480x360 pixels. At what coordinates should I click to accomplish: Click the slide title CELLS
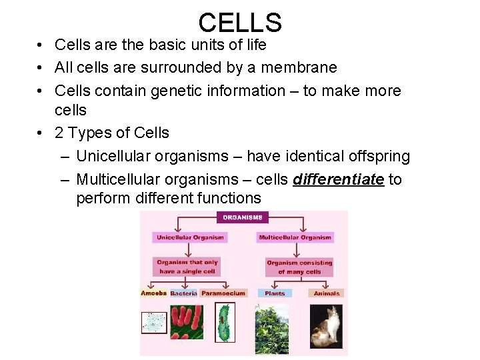240,23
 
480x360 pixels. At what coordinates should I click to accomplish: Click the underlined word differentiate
338,179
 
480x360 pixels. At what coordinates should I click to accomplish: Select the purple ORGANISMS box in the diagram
242,217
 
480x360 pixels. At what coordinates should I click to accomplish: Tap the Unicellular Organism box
191,237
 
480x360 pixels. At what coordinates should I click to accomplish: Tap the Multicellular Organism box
295,237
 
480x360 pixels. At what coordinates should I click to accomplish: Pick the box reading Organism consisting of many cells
299,267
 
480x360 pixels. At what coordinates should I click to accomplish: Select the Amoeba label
153,293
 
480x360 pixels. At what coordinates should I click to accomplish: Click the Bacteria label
183,293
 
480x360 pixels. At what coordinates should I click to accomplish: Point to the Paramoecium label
223,293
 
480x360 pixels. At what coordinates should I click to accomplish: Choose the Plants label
275,293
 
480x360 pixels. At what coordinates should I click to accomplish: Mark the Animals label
327,293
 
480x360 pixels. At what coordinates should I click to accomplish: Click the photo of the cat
327,327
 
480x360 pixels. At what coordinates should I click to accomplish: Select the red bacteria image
187,322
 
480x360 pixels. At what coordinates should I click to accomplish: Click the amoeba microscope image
154,322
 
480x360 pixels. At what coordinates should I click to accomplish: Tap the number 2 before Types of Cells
59,133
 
